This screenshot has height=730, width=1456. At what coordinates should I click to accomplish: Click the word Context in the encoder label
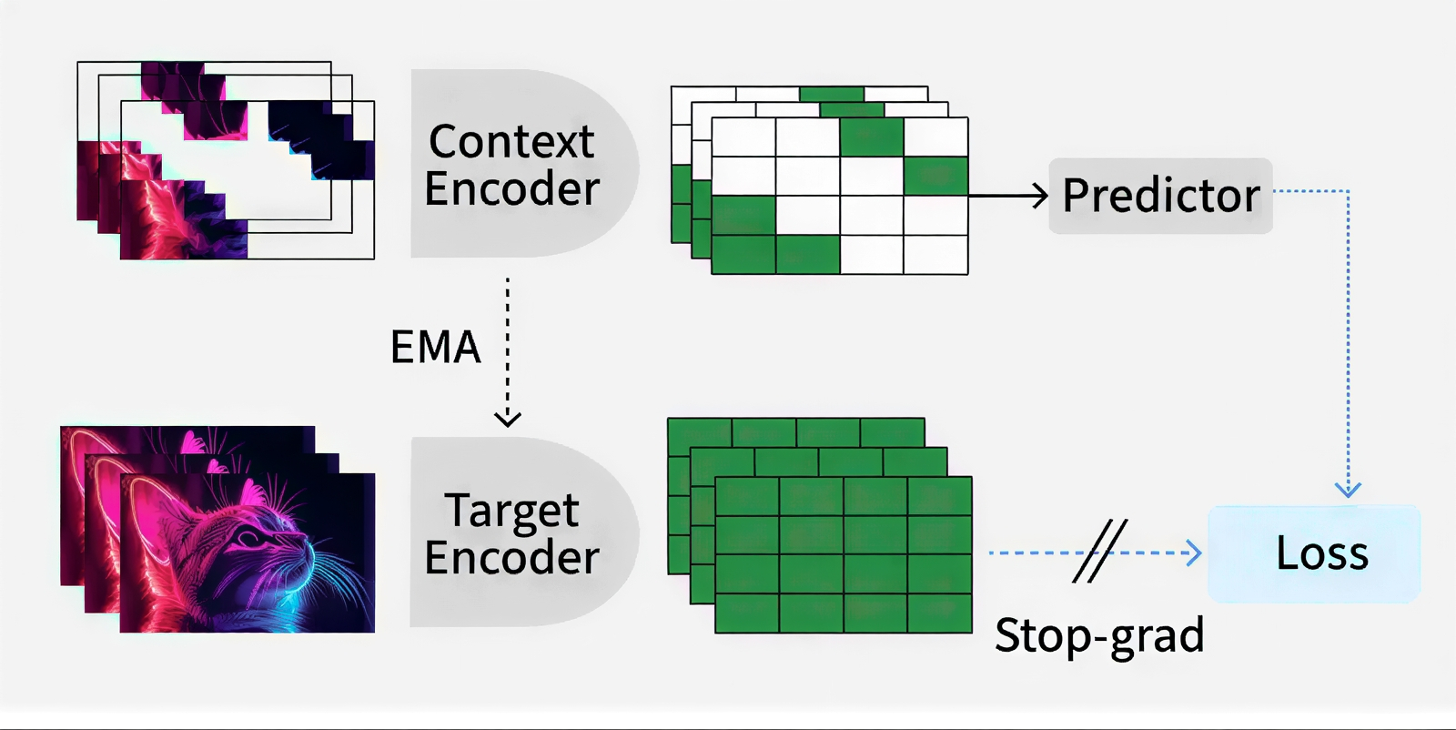click(x=511, y=142)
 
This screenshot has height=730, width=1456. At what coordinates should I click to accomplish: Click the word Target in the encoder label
click(x=511, y=512)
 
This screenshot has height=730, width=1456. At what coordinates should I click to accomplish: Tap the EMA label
click(x=435, y=347)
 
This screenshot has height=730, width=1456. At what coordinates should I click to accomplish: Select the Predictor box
click(x=1160, y=196)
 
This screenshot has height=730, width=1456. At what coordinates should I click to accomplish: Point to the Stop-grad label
click(x=1099, y=635)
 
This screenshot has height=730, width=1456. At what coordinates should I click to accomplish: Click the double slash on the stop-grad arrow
click(x=1099, y=552)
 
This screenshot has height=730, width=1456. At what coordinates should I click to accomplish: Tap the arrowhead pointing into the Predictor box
click(x=1039, y=196)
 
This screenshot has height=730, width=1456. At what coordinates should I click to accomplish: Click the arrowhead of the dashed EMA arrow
click(x=508, y=419)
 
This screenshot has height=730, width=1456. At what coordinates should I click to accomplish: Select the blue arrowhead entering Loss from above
click(x=1348, y=490)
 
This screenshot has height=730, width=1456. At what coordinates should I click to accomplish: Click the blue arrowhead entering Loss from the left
click(x=1194, y=553)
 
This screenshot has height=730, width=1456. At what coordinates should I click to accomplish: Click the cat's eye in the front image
click(x=248, y=539)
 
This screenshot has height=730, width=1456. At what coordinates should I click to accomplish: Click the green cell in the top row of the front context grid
click(x=871, y=137)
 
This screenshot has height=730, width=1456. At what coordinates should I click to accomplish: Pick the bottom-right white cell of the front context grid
click(x=935, y=254)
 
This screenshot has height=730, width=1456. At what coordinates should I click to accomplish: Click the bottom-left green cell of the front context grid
click(x=743, y=254)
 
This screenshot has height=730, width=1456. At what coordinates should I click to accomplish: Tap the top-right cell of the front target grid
click(x=939, y=496)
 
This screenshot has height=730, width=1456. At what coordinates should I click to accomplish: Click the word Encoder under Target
click(x=511, y=557)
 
